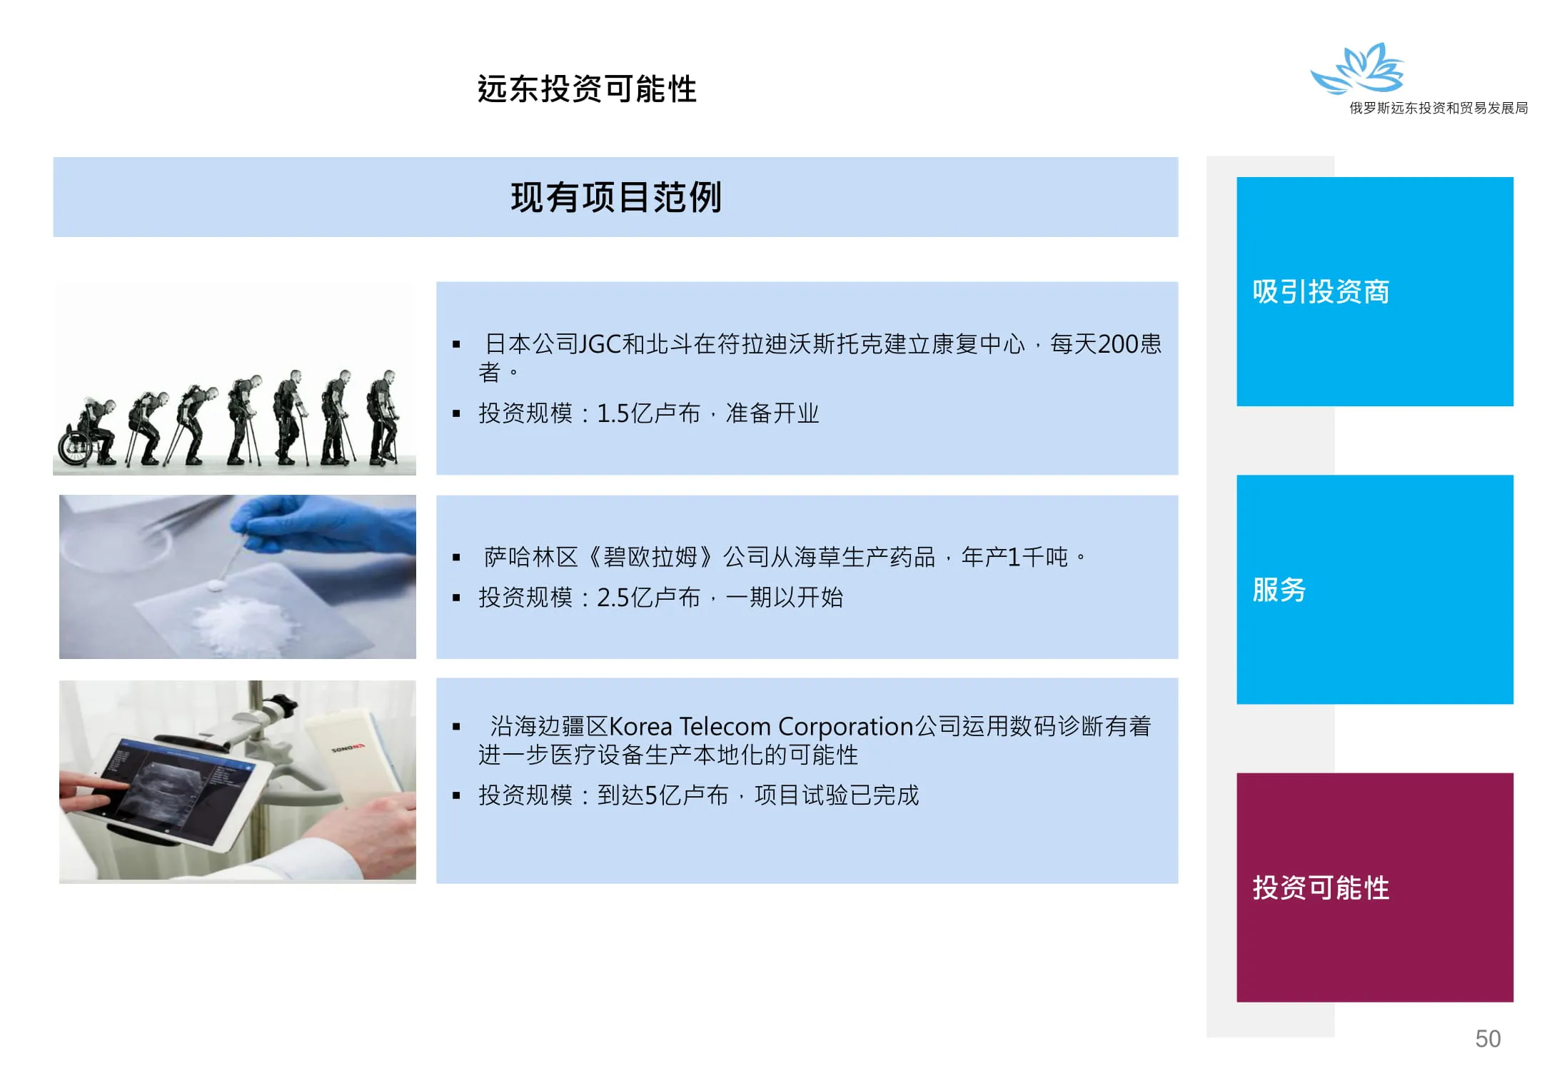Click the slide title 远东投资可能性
click(x=587, y=89)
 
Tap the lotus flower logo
click(x=1358, y=69)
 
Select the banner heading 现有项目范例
click(x=616, y=197)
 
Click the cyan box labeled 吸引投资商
click(x=1374, y=291)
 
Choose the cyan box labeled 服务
click(x=1374, y=589)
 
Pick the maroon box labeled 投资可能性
click(x=1374, y=887)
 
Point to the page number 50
click(x=1488, y=1038)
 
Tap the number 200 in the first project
click(x=1119, y=344)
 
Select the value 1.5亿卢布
click(x=648, y=413)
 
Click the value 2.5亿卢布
click(x=648, y=597)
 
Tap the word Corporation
click(x=846, y=727)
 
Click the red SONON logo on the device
click(x=348, y=748)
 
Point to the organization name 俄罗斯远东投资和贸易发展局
click(x=1438, y=108)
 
